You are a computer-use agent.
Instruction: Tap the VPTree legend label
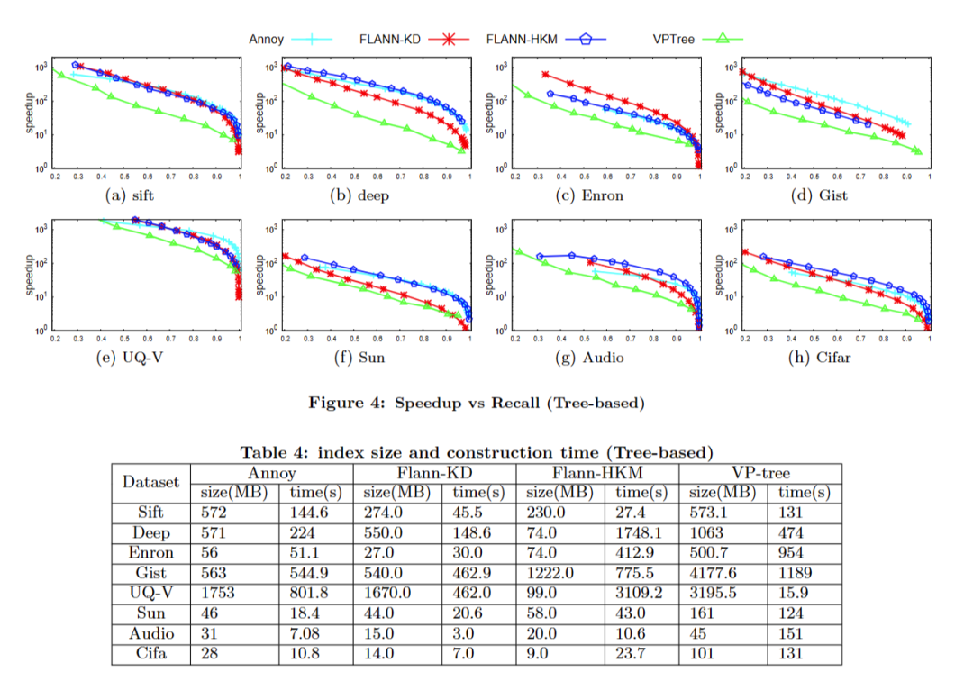(674, 39)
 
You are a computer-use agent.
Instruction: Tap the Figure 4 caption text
(477, 403)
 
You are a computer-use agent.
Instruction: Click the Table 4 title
(476, 451)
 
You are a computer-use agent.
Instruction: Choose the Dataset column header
(150, 483)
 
